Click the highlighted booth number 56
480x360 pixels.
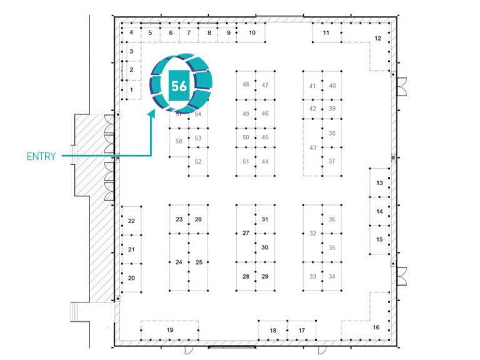(x=179, y=86)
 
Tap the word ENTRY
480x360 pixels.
(x=41, y=156)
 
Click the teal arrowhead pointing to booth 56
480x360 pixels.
(x=151, y=113)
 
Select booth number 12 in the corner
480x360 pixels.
(x=377, y=38)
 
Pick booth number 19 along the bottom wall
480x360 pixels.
(x=170, y=330)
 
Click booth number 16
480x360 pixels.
(x=376, y=327)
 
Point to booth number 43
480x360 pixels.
(x=312, y=147)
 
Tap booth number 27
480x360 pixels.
(x=246, y=233)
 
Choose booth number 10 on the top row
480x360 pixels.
(x=252, y=32)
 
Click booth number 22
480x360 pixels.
(x=131, y=221)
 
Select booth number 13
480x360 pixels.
(x=379, y=182)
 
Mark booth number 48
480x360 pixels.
(x=246, y=84)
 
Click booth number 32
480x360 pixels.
(x=312, y=233)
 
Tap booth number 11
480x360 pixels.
(x=326, y=32)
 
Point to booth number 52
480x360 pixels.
(x=198, y=161)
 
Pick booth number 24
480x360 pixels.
(x=179, y=262)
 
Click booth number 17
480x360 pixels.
(x=301, y=330)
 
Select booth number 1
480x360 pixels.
(x=132, y=90)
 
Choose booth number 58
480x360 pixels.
(x=179, y=141)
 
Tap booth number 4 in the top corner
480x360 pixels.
(x=131, y=32)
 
